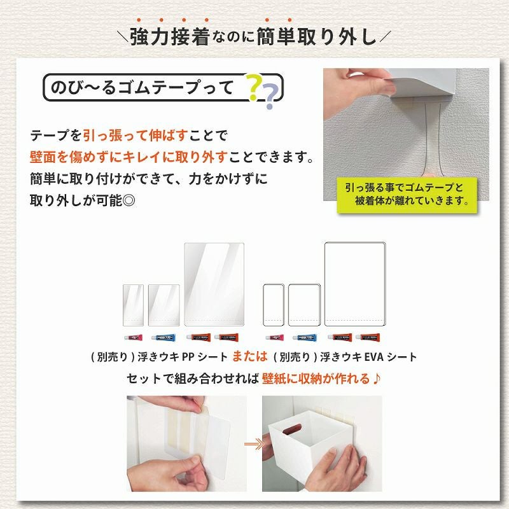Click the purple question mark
pyautogui.click(x=270, y=97)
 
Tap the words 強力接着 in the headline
pyautogui.click(x=169, y=37)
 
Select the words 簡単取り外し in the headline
pyautogui.click(x=316, y=37)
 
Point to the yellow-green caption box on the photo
pyautogui.click(x=407, y=195)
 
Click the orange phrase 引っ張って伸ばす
pyautogui.click(x=136, y=136)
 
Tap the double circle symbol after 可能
pyautogui.click(x=129, y=201)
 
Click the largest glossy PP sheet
pyautogui.click(x=214, y=284)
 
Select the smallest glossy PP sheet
pyautogui.click(x=133, y=305)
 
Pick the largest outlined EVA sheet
pyautogui.click(x=355, y=284)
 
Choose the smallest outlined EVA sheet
pyautogui.click(x=274, y=305)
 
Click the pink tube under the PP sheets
pyautogui.click(x=134, y=338)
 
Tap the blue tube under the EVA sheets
pyautogui.click(x=305, y=338)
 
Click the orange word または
pyautogui.click(x=250, y=356)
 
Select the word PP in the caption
pyautogui.click(x=188, y=357)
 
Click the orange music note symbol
pyautogui.click(x=377, y=378)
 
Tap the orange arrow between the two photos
pyautogui.click(x=254, y=444)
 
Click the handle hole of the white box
pyautogui.click(x=292, y=429)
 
